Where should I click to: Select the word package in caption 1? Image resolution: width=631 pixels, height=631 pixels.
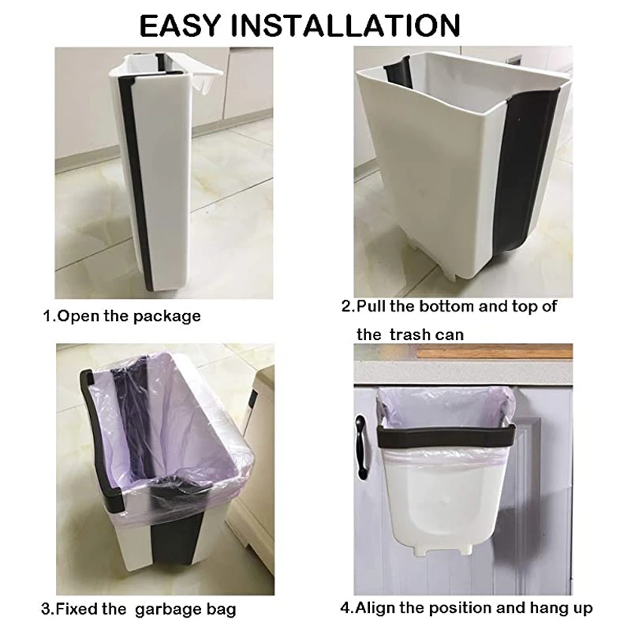coord(166,316)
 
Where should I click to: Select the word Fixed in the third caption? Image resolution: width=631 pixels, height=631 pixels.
coord(79,609)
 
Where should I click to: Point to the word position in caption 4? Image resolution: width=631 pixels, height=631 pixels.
coord(462,609)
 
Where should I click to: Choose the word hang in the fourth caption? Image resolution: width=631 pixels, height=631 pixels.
coord(546,608)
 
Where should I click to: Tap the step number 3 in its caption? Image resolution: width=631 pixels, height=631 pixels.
coord(44,609)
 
